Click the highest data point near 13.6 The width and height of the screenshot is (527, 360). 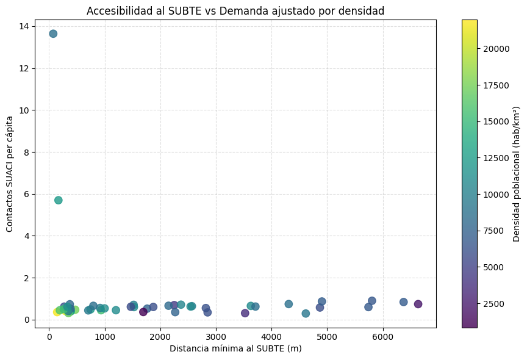[x=53, y=34]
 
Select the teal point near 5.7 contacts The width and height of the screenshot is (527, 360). [x=58, y=200]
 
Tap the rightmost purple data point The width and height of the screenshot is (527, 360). [x=418, y=304]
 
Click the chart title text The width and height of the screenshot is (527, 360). [x=235, y=11]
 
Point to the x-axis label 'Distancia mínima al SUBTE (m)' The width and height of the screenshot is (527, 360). [x=235, y=348]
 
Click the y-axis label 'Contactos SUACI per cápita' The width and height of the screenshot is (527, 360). [x=10, y=174]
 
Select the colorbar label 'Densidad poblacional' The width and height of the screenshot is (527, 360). [x=516, y=174]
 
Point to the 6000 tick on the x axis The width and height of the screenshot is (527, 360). [x=382, y=335]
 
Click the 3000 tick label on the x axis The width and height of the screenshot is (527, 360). [x=216, y=335]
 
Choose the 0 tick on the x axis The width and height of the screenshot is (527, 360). [x=49, y=335]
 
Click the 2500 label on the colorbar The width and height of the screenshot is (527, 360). [x=491, y=303]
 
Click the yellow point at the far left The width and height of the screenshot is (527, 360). [x=57, y=312]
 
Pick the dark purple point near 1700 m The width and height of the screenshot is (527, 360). [x=143, y=312]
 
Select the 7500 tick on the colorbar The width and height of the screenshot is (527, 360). [x=491, y=231]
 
